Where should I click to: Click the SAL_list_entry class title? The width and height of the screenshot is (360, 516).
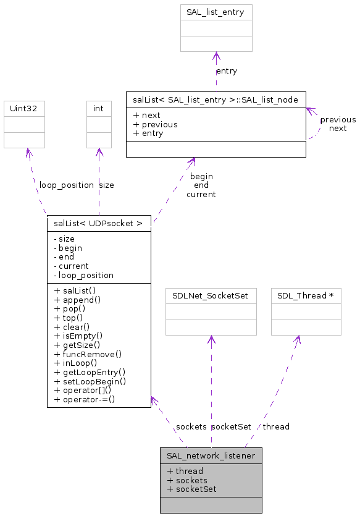(x=216, y=12)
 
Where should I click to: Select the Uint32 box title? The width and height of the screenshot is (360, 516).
(x=24, y=108)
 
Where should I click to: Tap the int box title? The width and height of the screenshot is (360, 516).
(x=98, y=108)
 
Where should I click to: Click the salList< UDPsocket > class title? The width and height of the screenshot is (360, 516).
(x=98, y=223)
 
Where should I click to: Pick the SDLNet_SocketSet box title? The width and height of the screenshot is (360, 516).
(x=211, y=295)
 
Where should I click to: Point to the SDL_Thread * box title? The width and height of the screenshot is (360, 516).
(x=306, y=295)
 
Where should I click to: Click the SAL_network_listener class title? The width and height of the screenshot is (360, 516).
(x=211, y=456)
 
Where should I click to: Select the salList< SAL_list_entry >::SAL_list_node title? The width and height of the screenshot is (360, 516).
(x=216, y=99)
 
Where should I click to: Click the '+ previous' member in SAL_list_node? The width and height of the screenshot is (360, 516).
(x=155, y=124)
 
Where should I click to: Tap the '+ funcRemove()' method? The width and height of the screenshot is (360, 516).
(x=88, y=354)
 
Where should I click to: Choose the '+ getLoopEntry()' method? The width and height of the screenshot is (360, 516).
(x=90, y=372)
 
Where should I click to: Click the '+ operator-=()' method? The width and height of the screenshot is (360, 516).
(x=85, y=399)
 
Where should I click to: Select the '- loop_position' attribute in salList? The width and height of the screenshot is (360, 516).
(x=83, y=275)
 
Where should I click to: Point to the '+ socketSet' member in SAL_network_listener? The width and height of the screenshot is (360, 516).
(x=191, y=489)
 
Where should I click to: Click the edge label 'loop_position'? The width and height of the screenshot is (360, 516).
(x=66, y=185)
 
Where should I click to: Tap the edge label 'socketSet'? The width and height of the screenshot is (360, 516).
(x=231, y=426)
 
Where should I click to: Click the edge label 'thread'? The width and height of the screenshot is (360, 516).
(x=275, y=426)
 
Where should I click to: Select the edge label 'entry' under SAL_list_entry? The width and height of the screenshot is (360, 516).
(x=227, y=71)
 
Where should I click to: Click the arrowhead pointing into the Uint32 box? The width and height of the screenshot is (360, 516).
(x=27, y=152)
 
